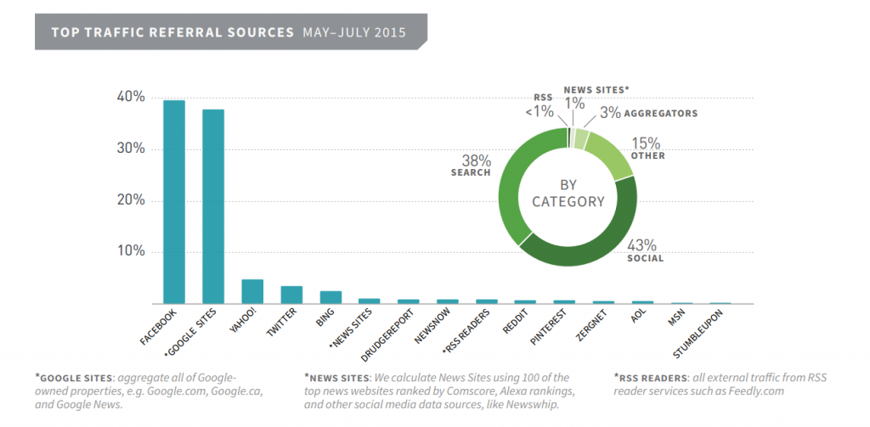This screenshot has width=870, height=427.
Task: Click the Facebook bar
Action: [x=174, y=202]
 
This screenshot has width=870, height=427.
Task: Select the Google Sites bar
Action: [x=213, y=206]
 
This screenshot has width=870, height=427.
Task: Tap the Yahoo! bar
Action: [x=252, y=291]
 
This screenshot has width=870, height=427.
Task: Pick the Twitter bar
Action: [x=291, y=295]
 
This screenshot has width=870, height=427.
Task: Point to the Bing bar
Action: [x=330, y=297]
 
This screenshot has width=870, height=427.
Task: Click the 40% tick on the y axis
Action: [x=131, y=97]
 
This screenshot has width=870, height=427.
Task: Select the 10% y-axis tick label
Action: [x=131, y=252]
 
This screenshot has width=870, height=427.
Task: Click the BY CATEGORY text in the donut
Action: [x=568, y=194]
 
